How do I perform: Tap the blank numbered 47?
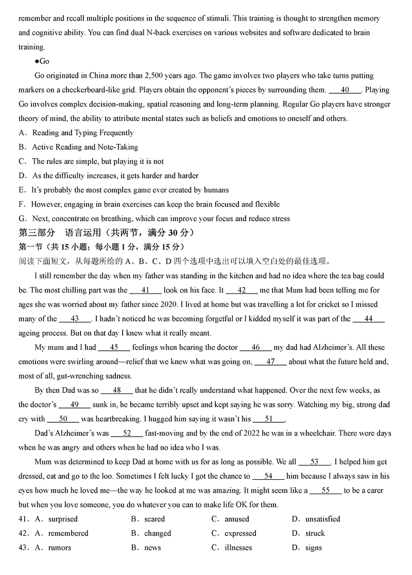(270, 362)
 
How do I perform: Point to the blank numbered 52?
(127, 433)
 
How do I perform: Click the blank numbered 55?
(325, 491)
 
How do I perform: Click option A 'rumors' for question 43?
(60, 548)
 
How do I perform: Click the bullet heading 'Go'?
(44, 61)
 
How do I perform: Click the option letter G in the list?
(22, 219)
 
